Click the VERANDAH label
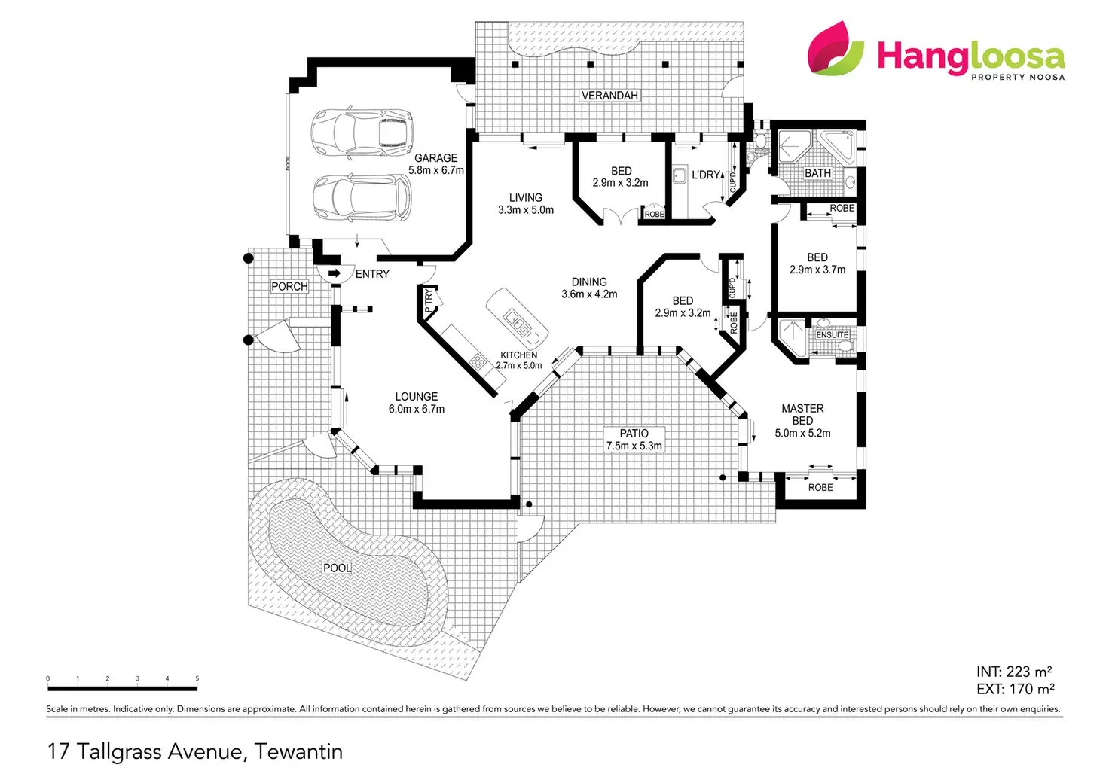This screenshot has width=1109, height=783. pos(609,96)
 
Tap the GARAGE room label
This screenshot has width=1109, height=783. pos(435,158)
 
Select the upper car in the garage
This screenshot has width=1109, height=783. pos(362,132)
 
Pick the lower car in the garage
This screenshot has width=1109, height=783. pos(362,197)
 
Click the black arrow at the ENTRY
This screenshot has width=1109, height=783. pos(335,273)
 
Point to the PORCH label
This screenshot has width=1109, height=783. pos(289,286)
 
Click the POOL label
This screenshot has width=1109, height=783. pos(338,568)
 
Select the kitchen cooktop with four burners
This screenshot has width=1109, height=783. pos(478,362)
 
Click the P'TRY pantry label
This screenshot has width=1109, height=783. pos(429,300)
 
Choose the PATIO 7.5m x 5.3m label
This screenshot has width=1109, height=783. pos(634,440)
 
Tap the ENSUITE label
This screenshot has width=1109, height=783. pos(833,335)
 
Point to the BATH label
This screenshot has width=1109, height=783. pos(817,173)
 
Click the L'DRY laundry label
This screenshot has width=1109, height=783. pos(705,175)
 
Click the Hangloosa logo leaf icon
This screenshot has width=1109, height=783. pos(836,48)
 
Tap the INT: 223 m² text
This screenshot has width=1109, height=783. pos(1014,672)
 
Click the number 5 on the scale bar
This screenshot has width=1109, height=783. pos(197,678)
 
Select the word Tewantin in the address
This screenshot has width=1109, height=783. pos(298,752)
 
